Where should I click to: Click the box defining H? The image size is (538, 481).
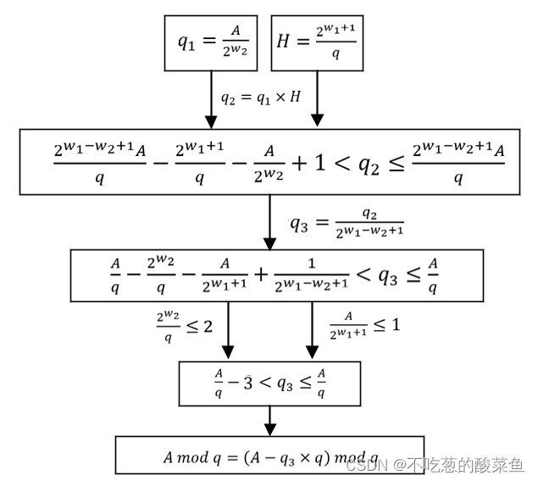click(317, 43)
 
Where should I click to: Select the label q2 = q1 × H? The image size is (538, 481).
click(260, 97)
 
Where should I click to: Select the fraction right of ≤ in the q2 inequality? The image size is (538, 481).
click(458, 161)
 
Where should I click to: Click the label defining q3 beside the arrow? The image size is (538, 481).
click(347, 224)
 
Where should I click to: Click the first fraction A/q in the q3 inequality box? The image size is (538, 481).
click(115, 274)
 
